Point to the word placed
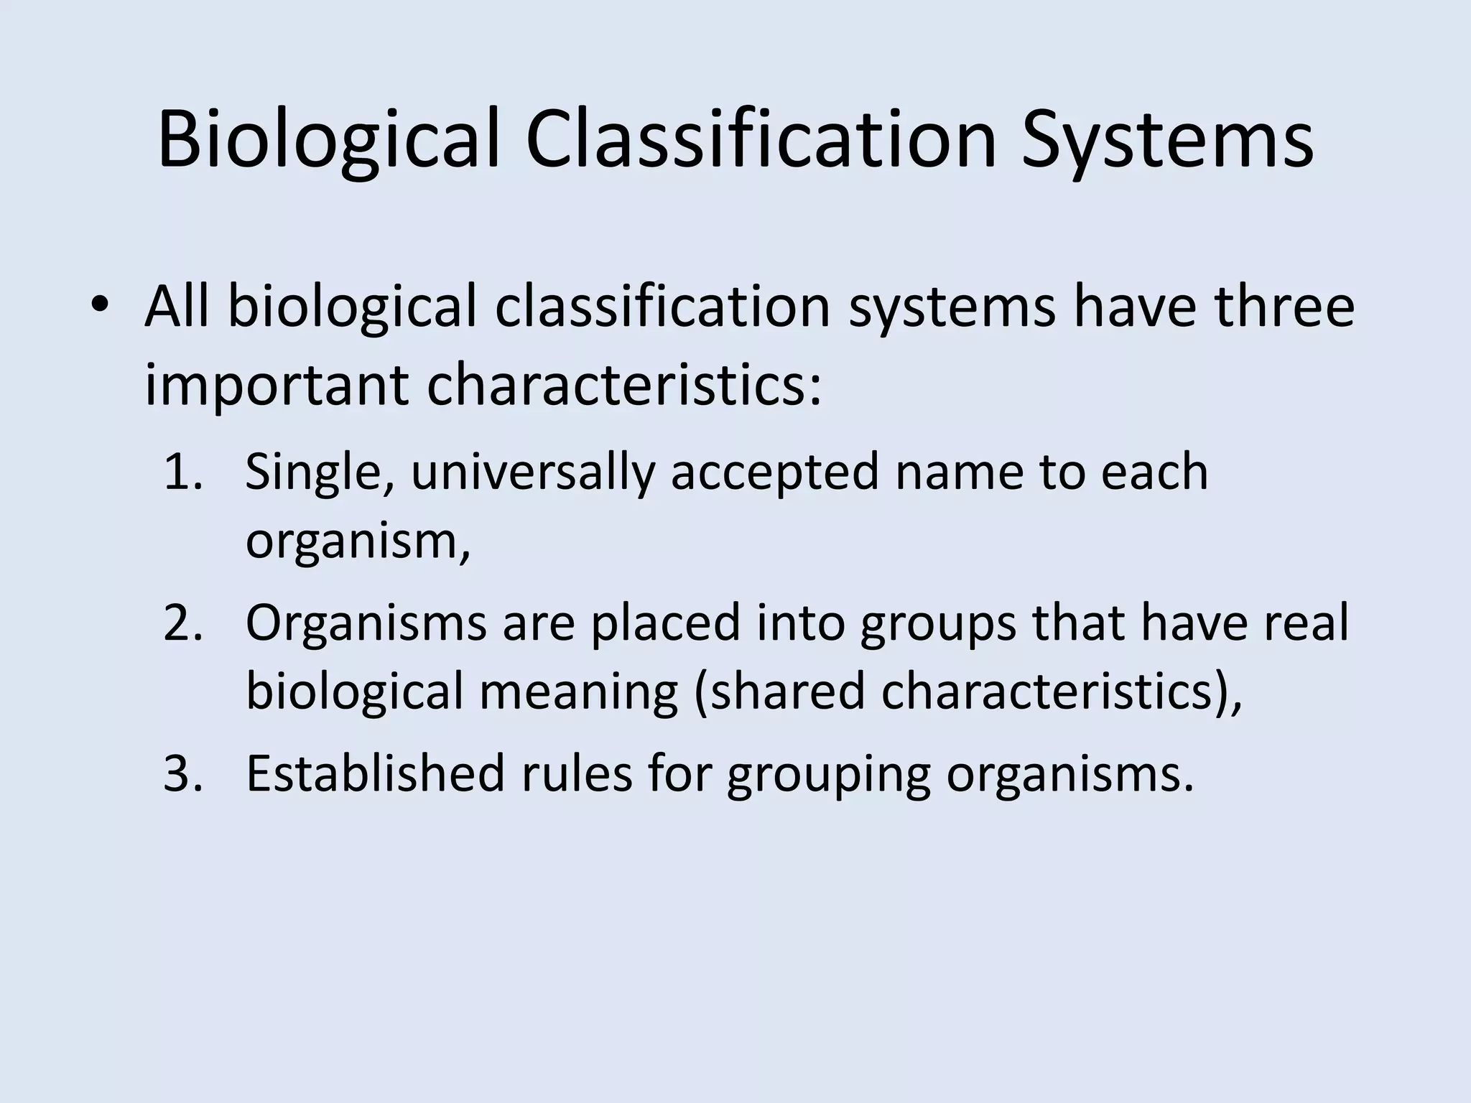[x=665, y=623]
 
